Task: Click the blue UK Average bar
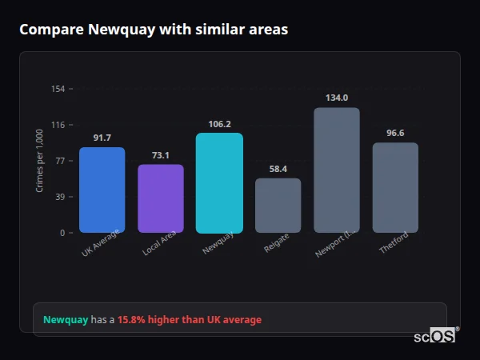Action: coord(102,190)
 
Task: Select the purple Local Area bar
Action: coord(161,198)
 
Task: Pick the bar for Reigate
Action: coord(278,206)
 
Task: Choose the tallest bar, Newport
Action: coord(337,170)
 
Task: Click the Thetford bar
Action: coord(395,187)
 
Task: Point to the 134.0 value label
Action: coord(337,98)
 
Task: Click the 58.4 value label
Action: coord(278,169)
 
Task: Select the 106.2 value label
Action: coord(219,124)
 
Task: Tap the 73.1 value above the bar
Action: coord(161,155)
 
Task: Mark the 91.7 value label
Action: coord(102,138)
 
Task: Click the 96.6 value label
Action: coord(395,133)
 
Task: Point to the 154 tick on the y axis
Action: coord(58,89)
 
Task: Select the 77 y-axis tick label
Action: coord(60,161)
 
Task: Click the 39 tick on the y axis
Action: coord(60,197)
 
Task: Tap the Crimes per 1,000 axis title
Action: coord(40,161)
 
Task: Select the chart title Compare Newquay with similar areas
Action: coord(154,30)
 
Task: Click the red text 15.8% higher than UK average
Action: coord(190,320)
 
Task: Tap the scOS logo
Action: coord(435,336)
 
